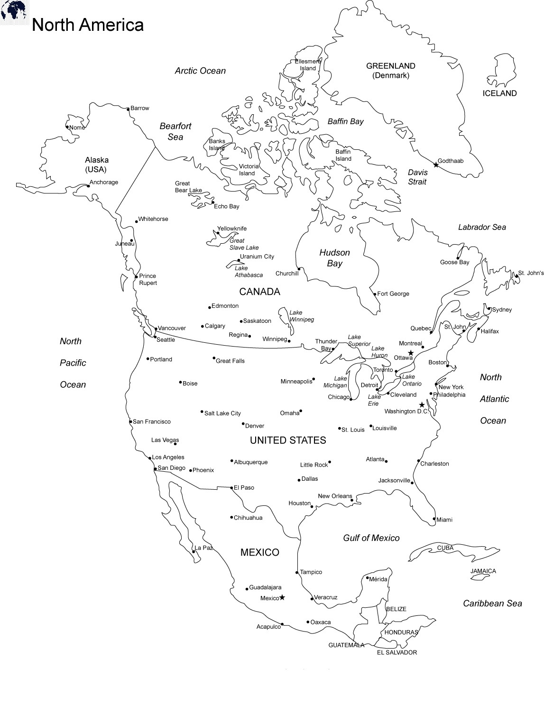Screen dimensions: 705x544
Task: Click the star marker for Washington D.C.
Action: [422, 405]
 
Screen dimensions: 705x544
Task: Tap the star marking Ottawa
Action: [411, 353]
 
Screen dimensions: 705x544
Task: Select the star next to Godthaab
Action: [436, 165]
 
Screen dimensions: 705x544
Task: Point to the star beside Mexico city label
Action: [282, 597]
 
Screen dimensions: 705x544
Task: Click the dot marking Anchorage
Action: [88, 186]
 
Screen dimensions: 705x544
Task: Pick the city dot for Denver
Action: [243, 424]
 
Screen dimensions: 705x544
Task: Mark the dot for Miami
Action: [434, 519]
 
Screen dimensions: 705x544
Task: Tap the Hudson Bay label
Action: [334, 258]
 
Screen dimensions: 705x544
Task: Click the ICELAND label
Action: [499, 93]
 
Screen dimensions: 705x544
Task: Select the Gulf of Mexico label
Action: [371, 538]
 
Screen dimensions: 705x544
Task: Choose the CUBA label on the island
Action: [445, 548]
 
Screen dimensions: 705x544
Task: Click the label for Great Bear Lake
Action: [188, 187]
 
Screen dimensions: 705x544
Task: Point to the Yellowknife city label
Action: [232, 229]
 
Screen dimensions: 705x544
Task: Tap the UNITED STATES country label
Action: [288, 440]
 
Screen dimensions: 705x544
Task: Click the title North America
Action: [88, 25]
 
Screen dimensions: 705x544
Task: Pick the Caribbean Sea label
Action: [492, 604]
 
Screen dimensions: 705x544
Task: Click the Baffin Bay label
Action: [345, 122]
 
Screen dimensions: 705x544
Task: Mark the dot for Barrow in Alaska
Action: [128, 109]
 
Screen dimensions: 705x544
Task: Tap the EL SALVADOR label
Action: [397, 652]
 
